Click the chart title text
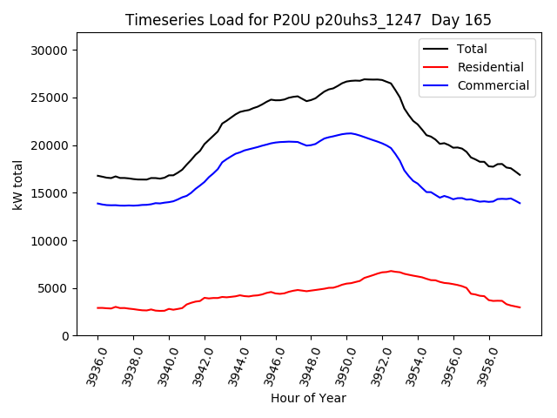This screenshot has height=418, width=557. pos(308,20)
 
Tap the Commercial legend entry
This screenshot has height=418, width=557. pos(493,85)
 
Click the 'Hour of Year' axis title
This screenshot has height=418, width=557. pos(308,398)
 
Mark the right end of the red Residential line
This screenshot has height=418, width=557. pos(520,307)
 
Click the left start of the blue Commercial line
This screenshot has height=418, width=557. pos(97,203)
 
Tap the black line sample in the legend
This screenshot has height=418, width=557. pos(436,49)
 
